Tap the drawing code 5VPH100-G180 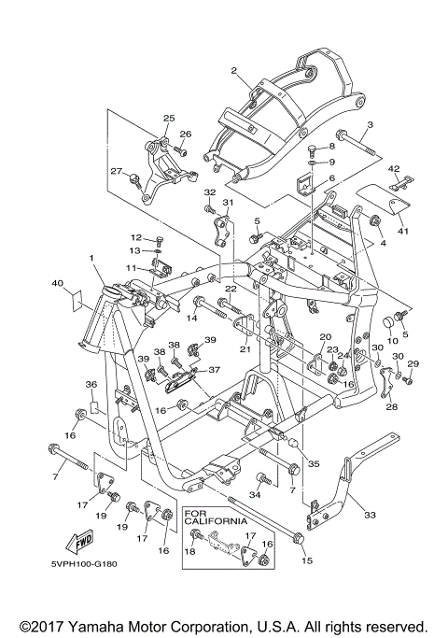pyautogui.click(x=84, y=564)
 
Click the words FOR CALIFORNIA pyautogui.click(x=216, y=517)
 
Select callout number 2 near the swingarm pyautogui.click(x=233, y=71)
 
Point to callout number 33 pyautogui.click(x=370, y=515)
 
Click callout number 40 pyautogui.click(x=57, y=283)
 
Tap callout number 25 pyautogui.click(x=169, y=118)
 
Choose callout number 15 pyautogui.click(x=307, y=560)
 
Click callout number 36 pyautogui.click(x=91, y=384)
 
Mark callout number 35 pyautogui.click(x=314, y=463)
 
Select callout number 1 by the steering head pyautogui.click(x=91, y=258)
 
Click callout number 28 pyautogui.click(x=392, y=406)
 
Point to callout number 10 pyautogui.click(x=392, y=340)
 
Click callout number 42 pyautogui.click(x=394, y=168)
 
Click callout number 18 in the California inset pyautogui.click(x=189, y=551)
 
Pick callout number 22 pyautogui.click(x=231, y=288)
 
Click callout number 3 pyautogui.click(x=370, y=124)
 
